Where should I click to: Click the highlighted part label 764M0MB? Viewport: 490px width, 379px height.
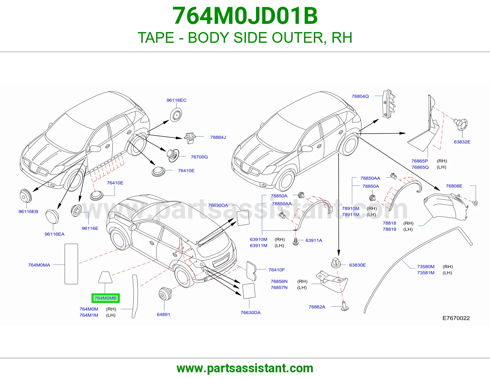tap(106, 298)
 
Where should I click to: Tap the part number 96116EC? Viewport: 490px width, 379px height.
tap(177, 100)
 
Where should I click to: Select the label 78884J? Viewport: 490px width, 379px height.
tap(218, 137)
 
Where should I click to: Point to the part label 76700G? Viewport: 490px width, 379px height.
tap(199, 157)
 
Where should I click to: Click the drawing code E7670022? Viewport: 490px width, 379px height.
tap(456, 318)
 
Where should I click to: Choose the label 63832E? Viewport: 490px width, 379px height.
tap(462, 142)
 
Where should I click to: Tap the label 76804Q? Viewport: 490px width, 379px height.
tap(360, 96)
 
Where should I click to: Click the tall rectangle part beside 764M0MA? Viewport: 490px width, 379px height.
tap(71, 264)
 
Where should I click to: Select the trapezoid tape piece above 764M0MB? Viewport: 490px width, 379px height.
tap(105, 277)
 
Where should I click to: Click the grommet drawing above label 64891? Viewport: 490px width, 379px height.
tap(165, 294)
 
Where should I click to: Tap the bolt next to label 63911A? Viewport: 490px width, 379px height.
tap(296, 241)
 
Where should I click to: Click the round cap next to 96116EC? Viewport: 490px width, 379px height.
tap(176, 115)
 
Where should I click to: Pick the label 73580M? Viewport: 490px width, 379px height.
tap(425, 267)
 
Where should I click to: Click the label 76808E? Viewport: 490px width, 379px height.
tap(454, 186)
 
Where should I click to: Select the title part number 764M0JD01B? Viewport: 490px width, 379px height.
tap(245, 16)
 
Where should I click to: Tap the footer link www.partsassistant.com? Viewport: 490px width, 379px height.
tap(245, 368)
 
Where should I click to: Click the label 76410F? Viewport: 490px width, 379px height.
tap(277, 270)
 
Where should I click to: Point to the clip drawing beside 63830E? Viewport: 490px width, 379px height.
tap(336, 263)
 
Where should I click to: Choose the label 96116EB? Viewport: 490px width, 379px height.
tap(28, 212)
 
